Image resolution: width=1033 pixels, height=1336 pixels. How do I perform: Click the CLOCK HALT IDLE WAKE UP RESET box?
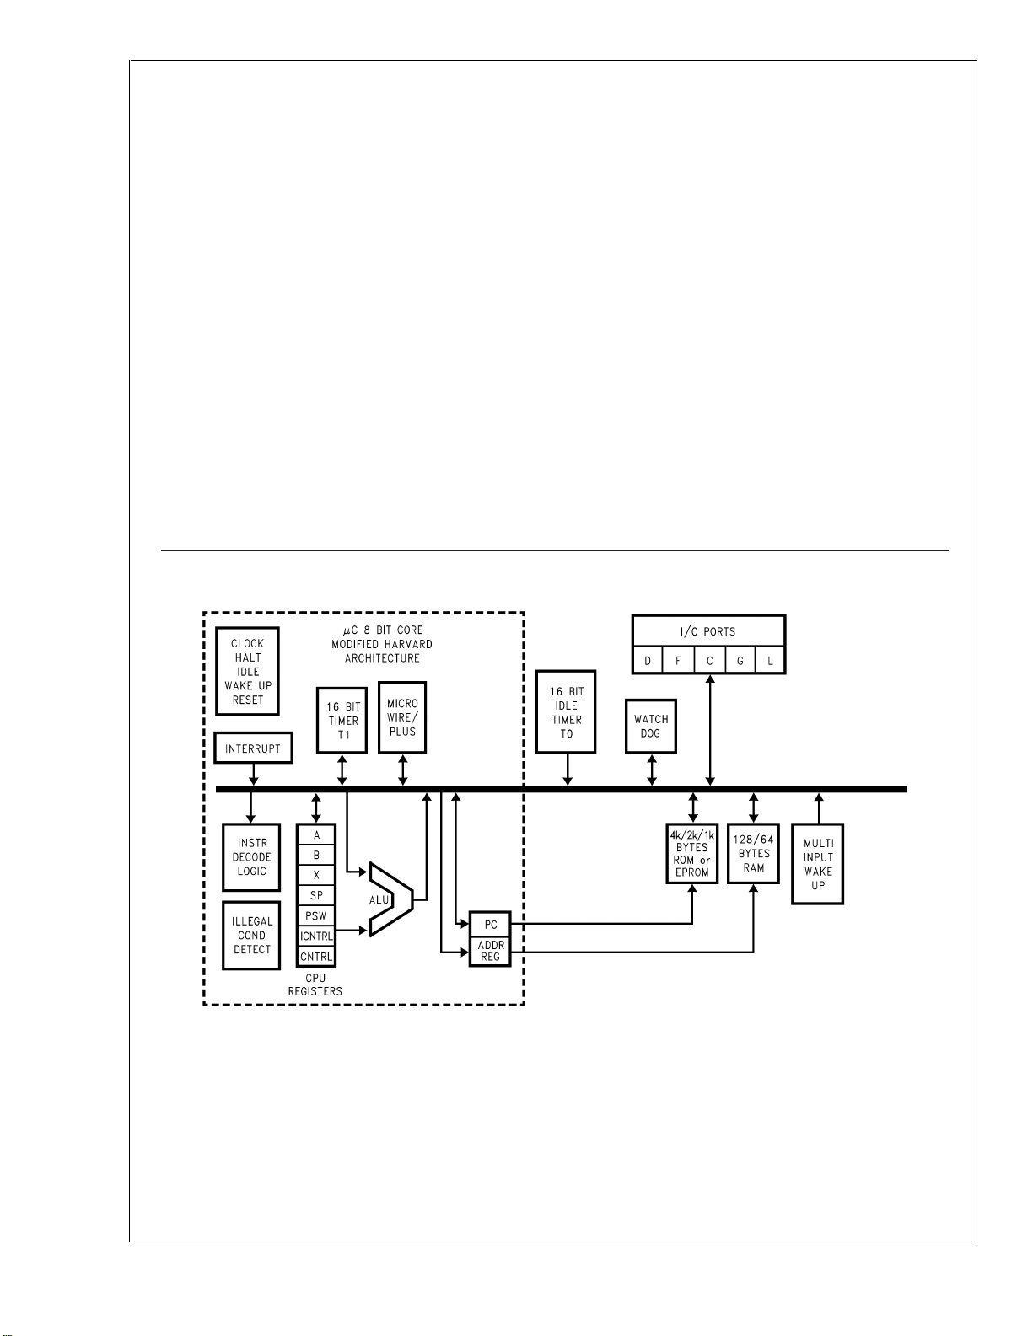247,671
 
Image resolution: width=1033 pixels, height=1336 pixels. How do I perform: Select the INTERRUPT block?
253,748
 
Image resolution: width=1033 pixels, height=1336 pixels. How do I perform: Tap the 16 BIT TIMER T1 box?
342,720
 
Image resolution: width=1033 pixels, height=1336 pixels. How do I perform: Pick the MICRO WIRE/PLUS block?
402,716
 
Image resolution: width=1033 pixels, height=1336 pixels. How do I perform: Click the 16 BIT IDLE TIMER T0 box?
566,711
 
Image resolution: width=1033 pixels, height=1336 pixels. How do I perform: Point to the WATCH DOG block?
650,726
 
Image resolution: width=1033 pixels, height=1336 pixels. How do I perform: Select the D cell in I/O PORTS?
648,660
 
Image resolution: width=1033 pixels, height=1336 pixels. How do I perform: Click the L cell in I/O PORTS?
770,660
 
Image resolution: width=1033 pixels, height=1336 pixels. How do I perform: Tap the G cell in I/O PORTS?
740,660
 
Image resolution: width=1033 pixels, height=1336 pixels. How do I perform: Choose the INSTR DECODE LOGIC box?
251,857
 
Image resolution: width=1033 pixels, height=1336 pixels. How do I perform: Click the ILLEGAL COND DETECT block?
251,935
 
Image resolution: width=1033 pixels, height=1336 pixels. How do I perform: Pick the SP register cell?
316,895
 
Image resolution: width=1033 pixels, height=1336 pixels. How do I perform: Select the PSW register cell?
316,915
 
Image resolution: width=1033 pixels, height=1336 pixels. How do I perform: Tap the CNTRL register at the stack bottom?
316,956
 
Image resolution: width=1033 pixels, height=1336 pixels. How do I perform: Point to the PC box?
490,924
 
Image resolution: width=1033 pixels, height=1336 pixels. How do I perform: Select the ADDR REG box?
490,951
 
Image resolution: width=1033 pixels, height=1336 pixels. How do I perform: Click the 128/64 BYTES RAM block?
753,853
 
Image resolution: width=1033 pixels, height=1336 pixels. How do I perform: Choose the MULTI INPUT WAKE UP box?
817,864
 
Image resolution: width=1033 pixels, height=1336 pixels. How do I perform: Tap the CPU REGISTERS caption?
315,985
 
